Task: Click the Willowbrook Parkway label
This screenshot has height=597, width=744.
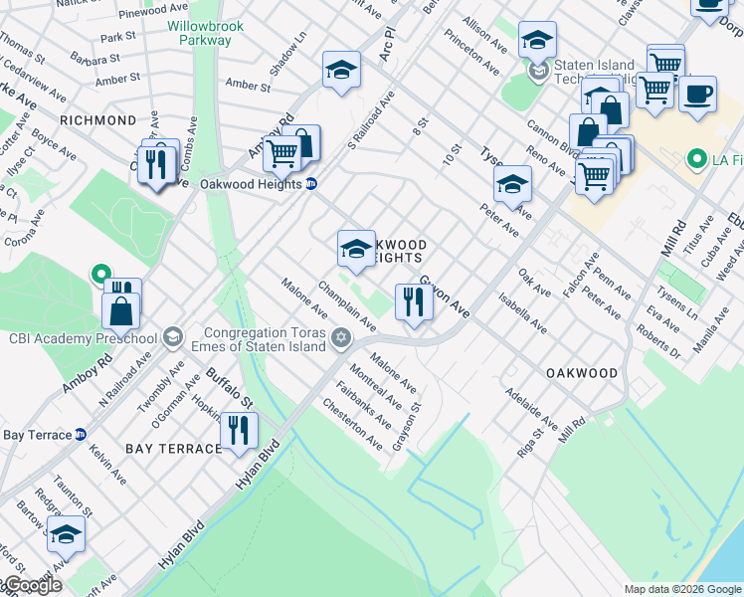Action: point(200,32)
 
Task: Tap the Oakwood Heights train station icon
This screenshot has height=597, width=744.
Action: point(311,184)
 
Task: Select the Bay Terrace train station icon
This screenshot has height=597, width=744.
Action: point(82,435)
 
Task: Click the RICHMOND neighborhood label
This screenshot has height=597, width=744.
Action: point(97,120)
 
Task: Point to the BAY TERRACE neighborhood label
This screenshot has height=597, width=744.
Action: point(173,449)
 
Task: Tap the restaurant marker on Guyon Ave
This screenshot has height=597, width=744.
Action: point(413,302)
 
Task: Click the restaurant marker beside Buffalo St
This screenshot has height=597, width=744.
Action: point(239,431)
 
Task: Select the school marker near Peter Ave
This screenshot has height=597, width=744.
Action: point(512,184)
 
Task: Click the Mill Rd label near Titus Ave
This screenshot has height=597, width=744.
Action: point(680,237)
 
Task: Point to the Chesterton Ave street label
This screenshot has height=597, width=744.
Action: point(352,424)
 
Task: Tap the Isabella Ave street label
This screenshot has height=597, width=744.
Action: point(523,311)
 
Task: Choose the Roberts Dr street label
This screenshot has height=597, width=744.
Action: point(659,343)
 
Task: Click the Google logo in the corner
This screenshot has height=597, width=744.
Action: point(32,586)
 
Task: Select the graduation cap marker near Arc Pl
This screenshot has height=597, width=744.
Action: point(340,72)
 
